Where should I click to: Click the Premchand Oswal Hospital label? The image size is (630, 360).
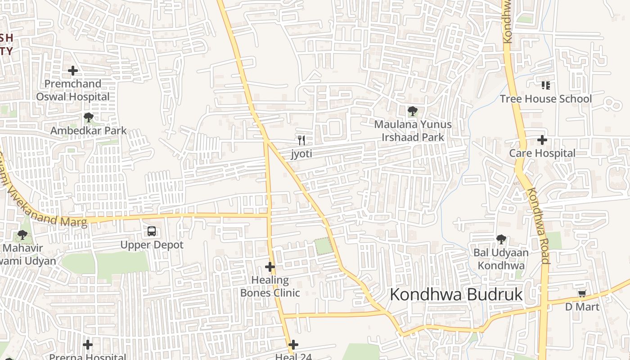tap(72, 90)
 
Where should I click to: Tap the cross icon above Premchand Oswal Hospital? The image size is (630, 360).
tap(73, 71)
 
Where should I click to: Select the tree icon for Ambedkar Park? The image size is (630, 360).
tap(89, 118)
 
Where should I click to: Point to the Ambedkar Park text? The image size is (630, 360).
tap(88, 130)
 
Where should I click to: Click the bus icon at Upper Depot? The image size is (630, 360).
tap(152, 232)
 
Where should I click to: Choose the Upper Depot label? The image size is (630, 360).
tap(152, 245)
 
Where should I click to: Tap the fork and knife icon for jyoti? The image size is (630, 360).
tap(301, 140)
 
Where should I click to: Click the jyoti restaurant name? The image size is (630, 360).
tap(301, 153)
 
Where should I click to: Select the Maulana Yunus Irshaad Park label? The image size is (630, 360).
tap(413, 130)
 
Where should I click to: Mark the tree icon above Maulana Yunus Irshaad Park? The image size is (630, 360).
tap(412, 111)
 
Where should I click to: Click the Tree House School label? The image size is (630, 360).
tap(546, 99)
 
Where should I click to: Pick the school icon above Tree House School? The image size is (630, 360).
tap(546, 85)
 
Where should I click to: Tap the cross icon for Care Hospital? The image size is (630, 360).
tap(542, 140)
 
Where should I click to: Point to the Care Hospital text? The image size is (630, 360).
tap(542, 153)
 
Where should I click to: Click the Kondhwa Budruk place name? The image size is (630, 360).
tap(456, 295)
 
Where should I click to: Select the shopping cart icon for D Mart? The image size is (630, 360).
tap(582, 294)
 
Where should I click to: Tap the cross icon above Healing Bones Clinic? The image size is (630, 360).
tap(270, 267)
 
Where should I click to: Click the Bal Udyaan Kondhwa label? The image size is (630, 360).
tap(501, 259)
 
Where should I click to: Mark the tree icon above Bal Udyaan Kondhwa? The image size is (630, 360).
tap(501, 239)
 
